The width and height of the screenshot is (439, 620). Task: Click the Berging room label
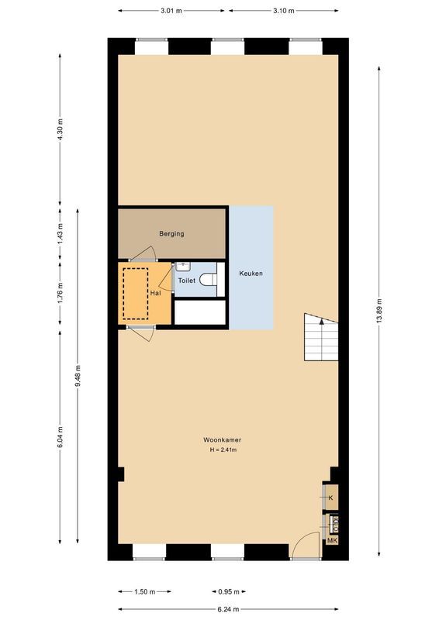pos(171,233)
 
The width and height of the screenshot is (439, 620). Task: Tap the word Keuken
pos(251,274)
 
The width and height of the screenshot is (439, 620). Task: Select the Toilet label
pos(187,281)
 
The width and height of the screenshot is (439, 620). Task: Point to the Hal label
pos(156,294)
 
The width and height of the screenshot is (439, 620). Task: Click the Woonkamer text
pos(223,439)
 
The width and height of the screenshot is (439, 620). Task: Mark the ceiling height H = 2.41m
pos(223,450)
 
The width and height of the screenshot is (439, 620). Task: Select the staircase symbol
pos(321,337)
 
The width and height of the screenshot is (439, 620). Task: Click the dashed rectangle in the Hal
pos(135,293)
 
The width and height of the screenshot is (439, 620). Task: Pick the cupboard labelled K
pos(331,498)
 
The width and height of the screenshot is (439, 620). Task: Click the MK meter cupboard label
pos(332,540)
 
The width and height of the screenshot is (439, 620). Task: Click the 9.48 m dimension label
pos(78,377)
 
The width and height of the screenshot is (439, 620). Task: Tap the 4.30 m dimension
pos(60,128)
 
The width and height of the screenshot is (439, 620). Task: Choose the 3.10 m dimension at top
pos(284,11)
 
